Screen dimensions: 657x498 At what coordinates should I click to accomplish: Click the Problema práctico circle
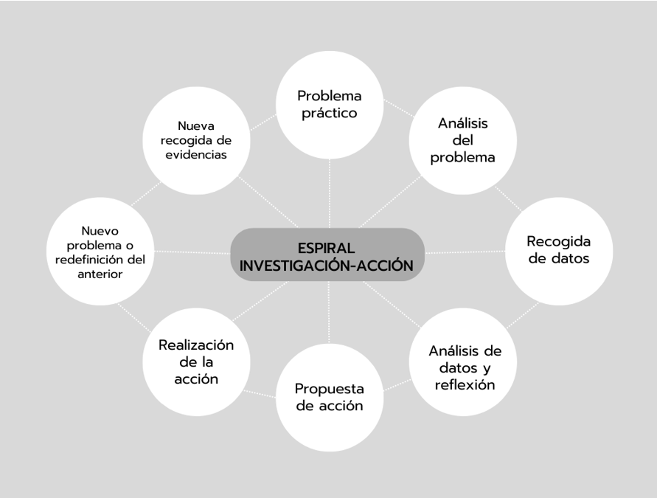click(x=329, y=105)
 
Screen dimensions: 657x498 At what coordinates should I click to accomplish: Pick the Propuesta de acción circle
click(x=329, y=398)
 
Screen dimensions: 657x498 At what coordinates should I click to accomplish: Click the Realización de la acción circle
click(x=196, y=362)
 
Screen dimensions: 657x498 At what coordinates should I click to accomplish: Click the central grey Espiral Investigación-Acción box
click(x=328, y=254)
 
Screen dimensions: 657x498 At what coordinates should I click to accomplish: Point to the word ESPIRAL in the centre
click(x=328, y=245)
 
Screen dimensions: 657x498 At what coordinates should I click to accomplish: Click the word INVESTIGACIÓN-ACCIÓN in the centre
click(x=328, y=265)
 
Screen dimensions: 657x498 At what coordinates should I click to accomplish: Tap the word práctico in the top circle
click(x=328, y=114)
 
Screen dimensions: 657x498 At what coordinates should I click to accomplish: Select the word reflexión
click(x=465, y=385)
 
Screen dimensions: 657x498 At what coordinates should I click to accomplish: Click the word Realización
click(x=196, y=345)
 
